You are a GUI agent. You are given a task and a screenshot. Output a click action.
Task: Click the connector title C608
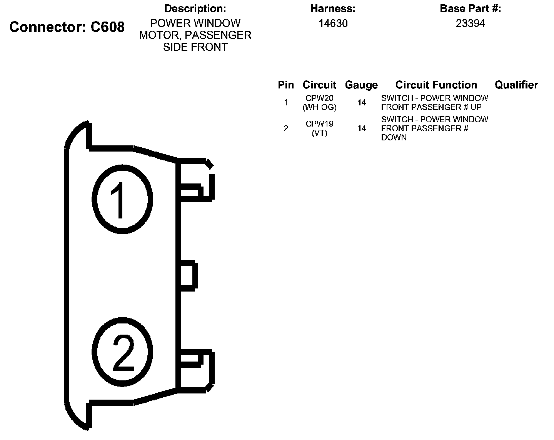point(67,27)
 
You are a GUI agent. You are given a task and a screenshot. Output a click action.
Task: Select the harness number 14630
point(333,23)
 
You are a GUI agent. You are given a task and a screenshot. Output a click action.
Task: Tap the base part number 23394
point(470,23)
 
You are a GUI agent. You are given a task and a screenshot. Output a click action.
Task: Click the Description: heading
point(195,8)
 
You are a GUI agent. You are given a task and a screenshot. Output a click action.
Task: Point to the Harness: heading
point(333,8)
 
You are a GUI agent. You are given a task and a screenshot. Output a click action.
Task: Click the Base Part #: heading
point(470,8)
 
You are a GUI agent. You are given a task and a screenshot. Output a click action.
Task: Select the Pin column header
point(285,85)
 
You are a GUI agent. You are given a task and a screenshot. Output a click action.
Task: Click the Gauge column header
point(361,85)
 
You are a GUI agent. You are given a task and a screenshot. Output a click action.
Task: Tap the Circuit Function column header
point(436,85)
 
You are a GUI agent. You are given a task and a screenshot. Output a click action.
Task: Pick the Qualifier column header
point(516,85)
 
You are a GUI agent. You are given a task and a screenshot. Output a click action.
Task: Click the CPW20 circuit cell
point(319,98)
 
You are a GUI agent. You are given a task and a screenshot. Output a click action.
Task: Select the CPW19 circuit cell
point(319,124)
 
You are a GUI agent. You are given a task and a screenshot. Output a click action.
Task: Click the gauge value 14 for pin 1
point(361,103)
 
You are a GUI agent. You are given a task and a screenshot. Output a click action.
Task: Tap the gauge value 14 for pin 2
point(361,128)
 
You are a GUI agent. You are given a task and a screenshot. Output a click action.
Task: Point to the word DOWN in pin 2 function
point(394,138)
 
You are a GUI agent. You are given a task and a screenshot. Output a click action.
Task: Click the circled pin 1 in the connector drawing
point(122,199)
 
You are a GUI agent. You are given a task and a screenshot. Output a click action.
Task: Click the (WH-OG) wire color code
point(319,108)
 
